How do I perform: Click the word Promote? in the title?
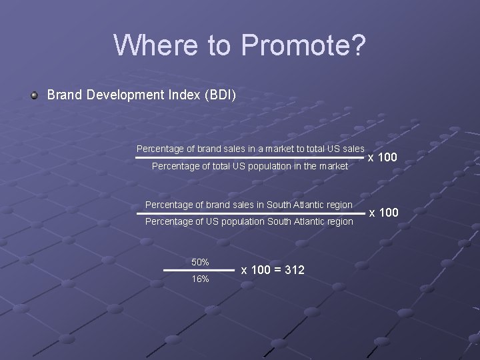[x=303, y=45]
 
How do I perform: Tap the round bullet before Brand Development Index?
[x=34, y=95]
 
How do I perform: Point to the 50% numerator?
[x=200, y=261]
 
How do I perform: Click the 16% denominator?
[x=200, y=279]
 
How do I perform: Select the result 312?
[x=294, y=270]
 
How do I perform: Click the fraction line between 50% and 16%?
[x=199, y=270]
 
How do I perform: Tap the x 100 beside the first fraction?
[x=383, y=157]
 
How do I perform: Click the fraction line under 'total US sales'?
[x=250, y=158]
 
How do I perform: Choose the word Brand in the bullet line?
[x=63, y=95]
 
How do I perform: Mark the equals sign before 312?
[x=275, y=270]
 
